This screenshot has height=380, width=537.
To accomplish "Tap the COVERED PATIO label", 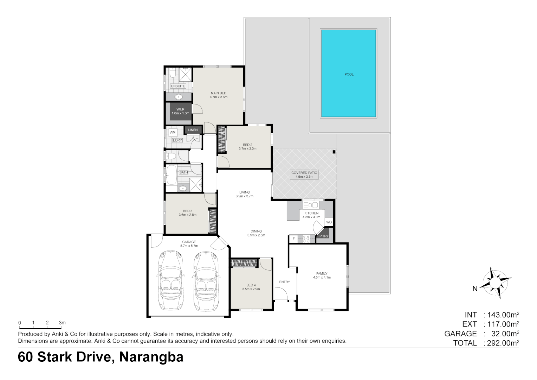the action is pos(304,173).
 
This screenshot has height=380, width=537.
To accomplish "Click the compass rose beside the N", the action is pos(494,283).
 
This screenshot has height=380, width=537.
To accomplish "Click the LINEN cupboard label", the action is pos(193,130).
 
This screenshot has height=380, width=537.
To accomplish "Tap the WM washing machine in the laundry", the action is pos(173,133).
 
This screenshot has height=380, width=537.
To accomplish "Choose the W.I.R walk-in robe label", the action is pos(180,109).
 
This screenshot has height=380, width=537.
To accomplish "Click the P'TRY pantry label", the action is pos(324,236).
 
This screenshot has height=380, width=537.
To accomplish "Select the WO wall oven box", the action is pos(329,222).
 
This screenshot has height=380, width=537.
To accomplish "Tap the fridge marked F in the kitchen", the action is pos(293,239).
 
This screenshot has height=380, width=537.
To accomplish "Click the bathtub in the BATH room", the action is pos(172,175).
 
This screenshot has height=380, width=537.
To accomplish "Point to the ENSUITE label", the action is pos(178,86).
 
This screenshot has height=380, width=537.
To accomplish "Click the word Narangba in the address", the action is pos(151,357).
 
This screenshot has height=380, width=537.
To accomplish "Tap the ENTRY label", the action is pos(285,282).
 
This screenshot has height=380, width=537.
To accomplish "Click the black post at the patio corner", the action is pos(334,152).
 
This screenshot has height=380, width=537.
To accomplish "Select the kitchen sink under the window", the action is pos(311,205).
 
